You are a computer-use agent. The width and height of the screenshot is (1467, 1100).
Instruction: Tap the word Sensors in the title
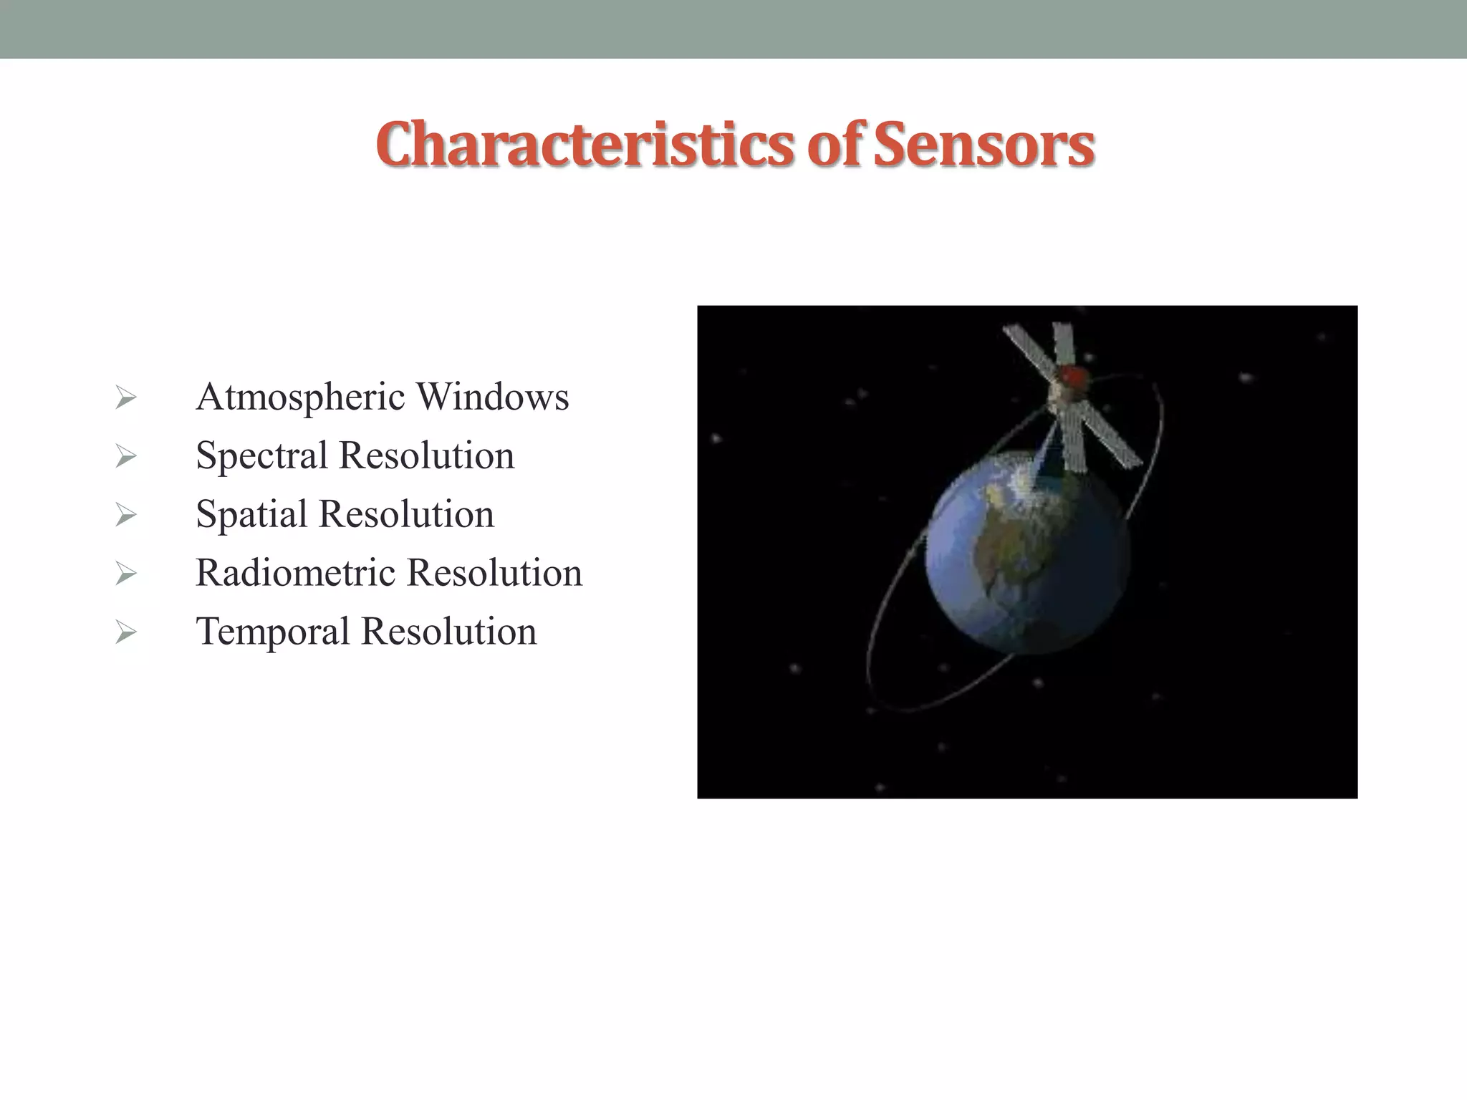pyautogui.click(x=983, y=145)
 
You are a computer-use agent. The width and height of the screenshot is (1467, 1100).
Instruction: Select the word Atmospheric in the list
pyautogui.click(x=301, y=398)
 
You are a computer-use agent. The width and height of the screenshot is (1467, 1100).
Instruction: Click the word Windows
pyautogui.click(x=493, y=397)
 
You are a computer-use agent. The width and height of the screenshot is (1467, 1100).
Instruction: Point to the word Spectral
pyautogui.click(x=261, y=456)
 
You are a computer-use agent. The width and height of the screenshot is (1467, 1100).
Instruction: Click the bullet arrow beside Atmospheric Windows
pyautogui.click(x=125, y=397)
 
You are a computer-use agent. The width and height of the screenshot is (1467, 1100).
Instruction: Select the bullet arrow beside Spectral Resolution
pyautogui.click(x=125, y=456)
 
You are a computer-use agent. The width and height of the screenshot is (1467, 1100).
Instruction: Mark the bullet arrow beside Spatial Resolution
pyautogui.click(x=125, y=515)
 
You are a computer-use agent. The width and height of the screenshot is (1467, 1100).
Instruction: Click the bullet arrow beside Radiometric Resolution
pyautogui.click(x=125, y=574)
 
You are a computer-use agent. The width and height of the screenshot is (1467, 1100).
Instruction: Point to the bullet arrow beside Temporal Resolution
pyautogui.click(x=125, y=632)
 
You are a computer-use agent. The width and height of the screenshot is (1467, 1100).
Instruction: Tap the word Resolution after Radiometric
pyautogui.click(x=494, y=573)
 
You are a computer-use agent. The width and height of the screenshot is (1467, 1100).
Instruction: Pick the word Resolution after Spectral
pyautogui.click(x=426, y=455)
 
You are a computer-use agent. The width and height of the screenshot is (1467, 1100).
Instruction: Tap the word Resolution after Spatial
pyautogui.click(x=406, y=514)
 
